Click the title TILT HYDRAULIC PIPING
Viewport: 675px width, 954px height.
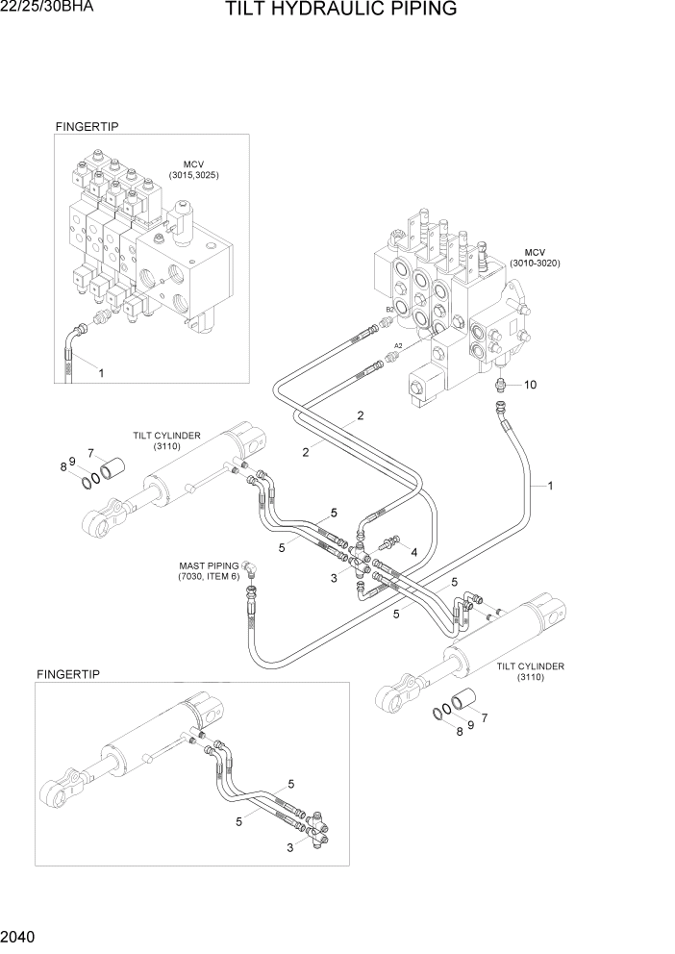[340, 11]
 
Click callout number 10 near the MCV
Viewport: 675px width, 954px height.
[530, 385]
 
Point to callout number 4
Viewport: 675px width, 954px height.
[413, 553]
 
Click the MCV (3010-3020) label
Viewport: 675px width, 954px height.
[535, 257]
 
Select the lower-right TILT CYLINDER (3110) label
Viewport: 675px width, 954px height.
[530, 671]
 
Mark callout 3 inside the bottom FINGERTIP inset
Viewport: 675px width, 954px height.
[288, 847]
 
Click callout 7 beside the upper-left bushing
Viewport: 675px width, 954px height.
[90, 453]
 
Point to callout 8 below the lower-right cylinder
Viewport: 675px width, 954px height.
[460, 731]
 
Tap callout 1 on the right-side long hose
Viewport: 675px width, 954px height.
[550, 486]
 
